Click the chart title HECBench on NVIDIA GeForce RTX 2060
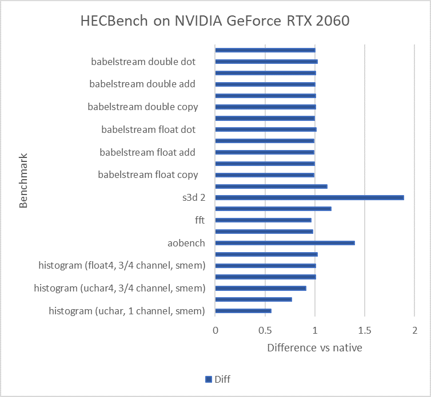[214, 22]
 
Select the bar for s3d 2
[309, 198]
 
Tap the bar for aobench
[285, 243]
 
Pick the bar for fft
[263, 220]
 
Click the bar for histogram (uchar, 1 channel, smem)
[243, 311]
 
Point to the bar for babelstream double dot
[266, 62]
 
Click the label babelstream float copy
[148, 175]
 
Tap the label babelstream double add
[142, 84]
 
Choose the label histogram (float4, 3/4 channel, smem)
[122, 265]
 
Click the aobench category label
[186, 243]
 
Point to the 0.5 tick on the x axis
[265, 330]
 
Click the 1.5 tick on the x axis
[365, 330]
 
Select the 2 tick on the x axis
[414, 330]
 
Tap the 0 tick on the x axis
[215, 330]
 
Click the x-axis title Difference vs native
[314, 347]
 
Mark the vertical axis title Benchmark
[23, 180]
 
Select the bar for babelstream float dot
[265, 129]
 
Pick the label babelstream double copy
[143, 107]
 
